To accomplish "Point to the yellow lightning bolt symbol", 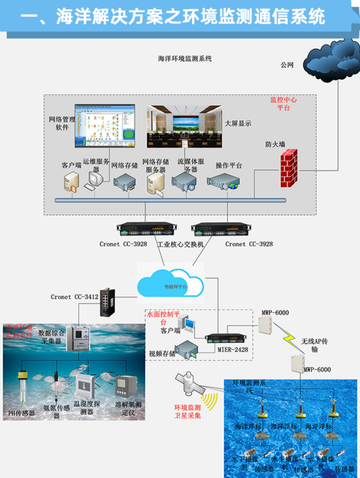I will (x=290, y=337).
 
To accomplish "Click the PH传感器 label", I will (x=21, y=412).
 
